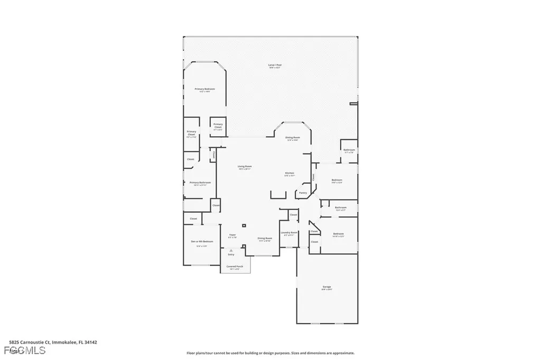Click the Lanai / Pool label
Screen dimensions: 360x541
coord(275,65)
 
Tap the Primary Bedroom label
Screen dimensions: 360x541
coord(204,89)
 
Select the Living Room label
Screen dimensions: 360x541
coord(244,167)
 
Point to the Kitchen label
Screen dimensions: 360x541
coord(290,173)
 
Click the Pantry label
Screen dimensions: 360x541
coord(303,193)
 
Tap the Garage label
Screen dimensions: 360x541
coord(327,287)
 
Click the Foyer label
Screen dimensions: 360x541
coord(232,235)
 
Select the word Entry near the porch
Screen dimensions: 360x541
coord(231,254)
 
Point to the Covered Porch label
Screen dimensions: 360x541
coord(235,267)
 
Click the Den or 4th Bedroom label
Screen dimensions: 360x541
coord(198,242)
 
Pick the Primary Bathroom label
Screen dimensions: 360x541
coord(200,183)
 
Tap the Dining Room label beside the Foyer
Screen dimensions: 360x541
coord(265,238)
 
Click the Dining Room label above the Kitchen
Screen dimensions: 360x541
coord(293,137)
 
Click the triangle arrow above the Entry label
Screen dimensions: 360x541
coord(230,250)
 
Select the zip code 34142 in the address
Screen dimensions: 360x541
coord(91,342)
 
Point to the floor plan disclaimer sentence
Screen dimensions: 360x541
coord(270,353)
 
